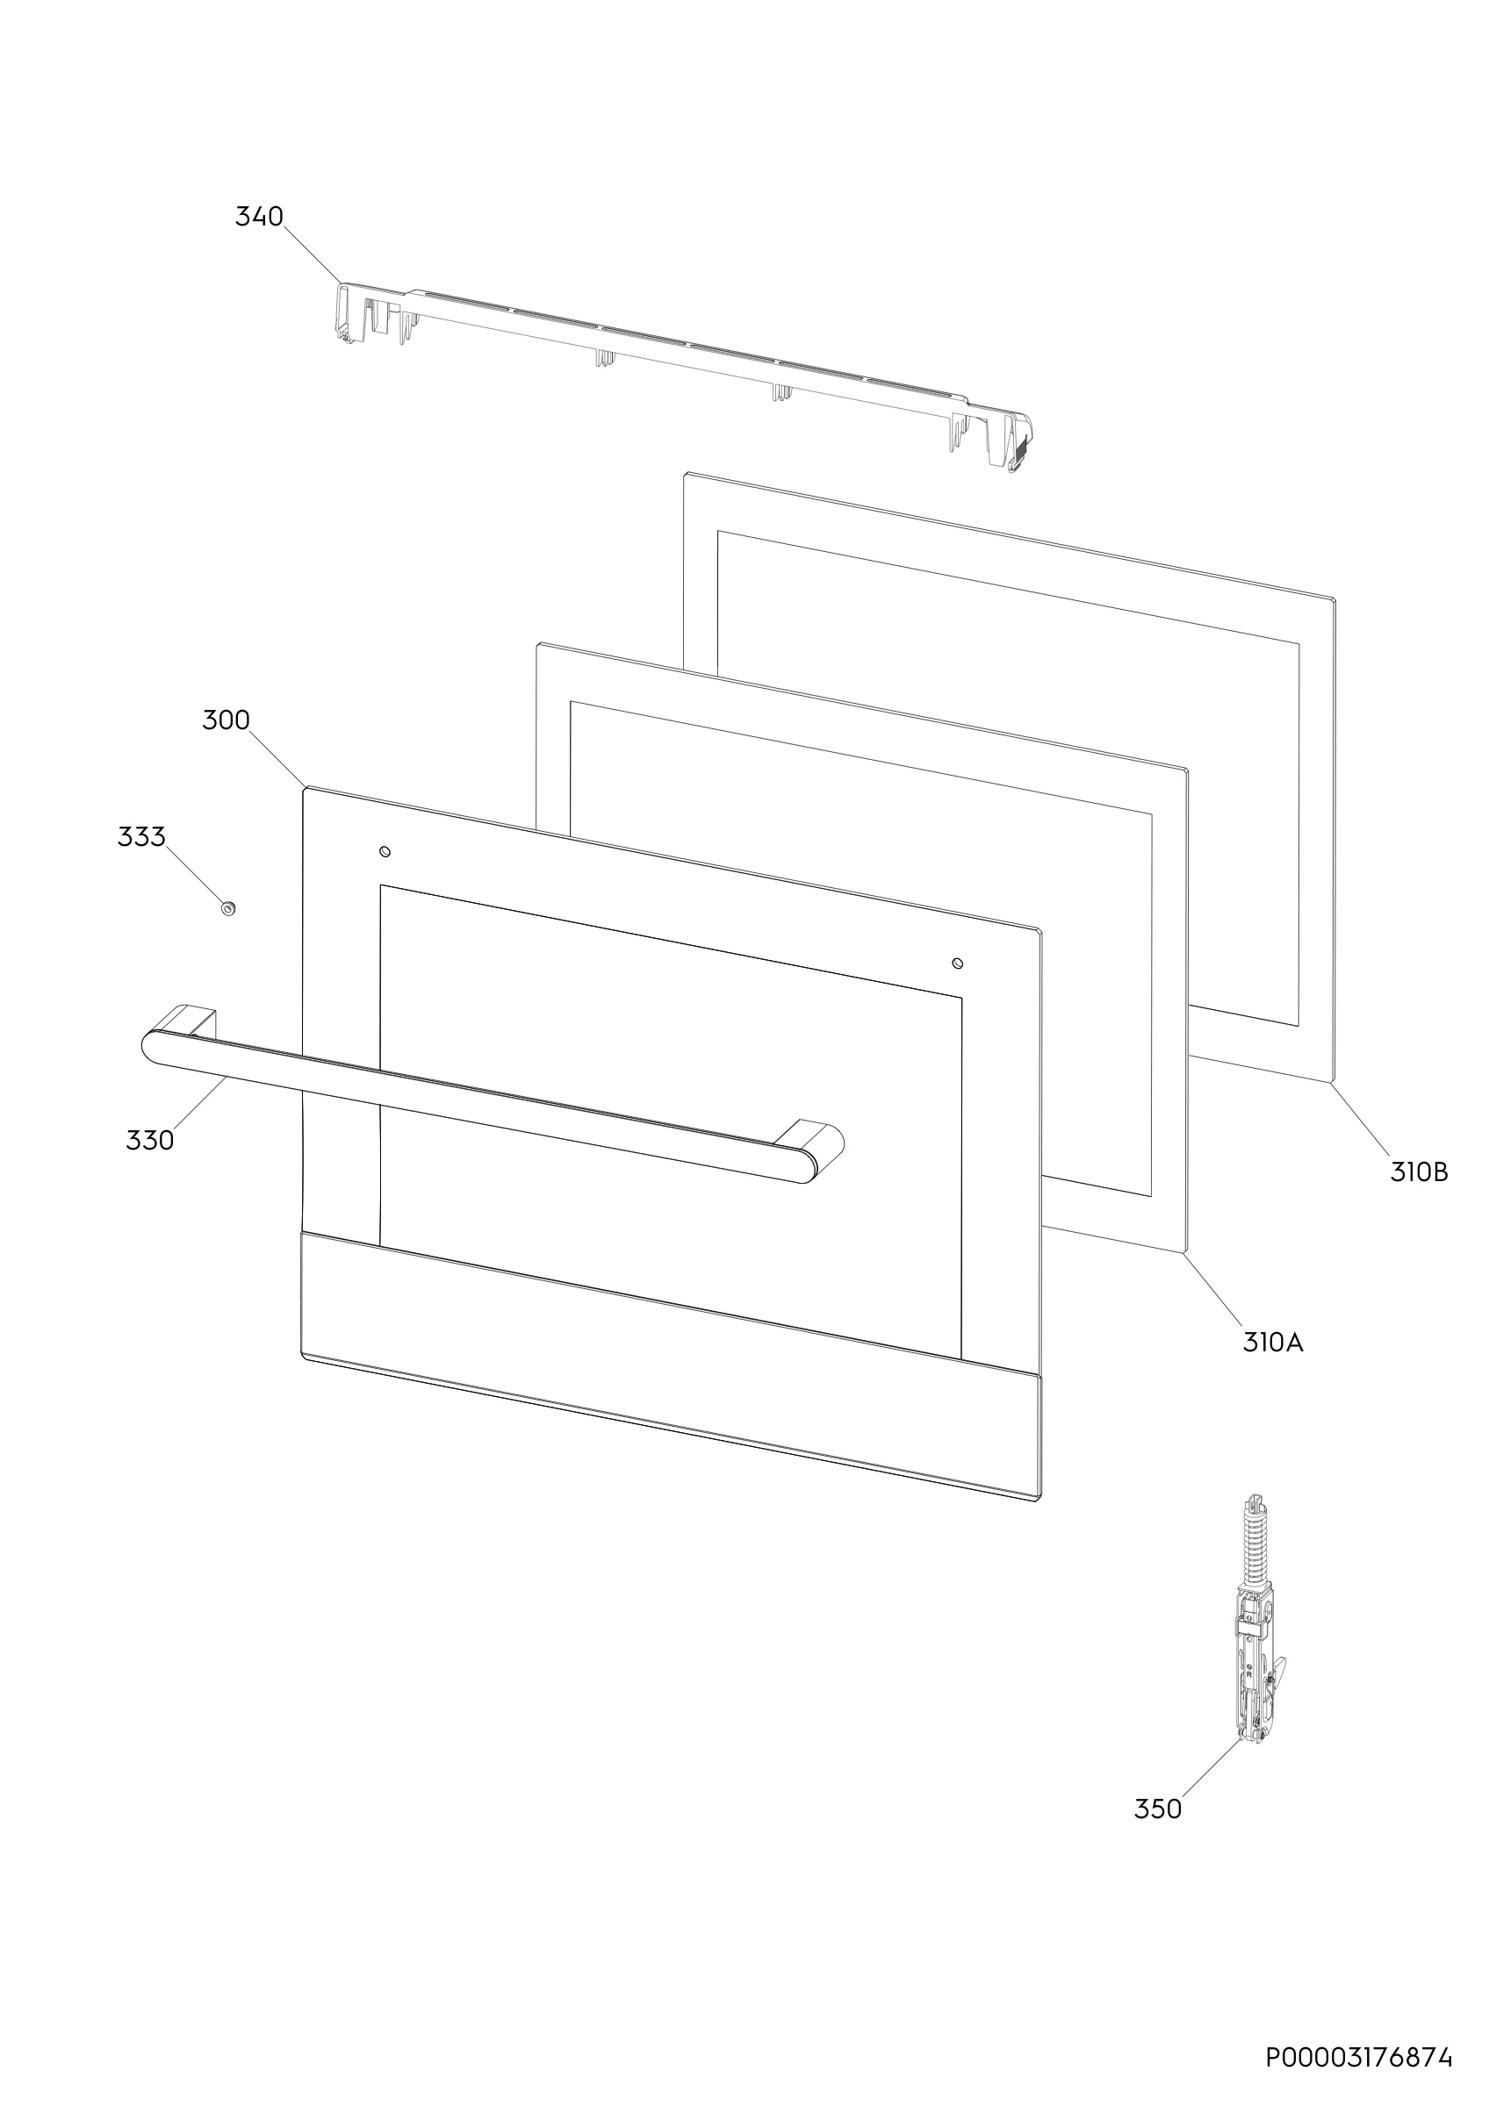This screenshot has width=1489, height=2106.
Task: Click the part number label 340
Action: coord(260,217)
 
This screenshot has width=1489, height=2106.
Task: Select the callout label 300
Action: coord(226,720)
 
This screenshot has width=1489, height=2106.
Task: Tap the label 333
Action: coord(141,836)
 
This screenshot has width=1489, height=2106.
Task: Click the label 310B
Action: coord(1419,1172)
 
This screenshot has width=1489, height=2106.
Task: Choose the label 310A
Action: coord(1272,1343)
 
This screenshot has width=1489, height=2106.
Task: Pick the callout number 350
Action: coord(1158,1809)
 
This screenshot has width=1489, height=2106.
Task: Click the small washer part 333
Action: coord(227,908)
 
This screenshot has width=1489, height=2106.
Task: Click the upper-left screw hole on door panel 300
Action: coord(385,852)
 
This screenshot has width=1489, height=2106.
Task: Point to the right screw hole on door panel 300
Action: coord(958,963)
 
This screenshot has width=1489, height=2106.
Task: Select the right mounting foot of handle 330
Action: coord(810,1137)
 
